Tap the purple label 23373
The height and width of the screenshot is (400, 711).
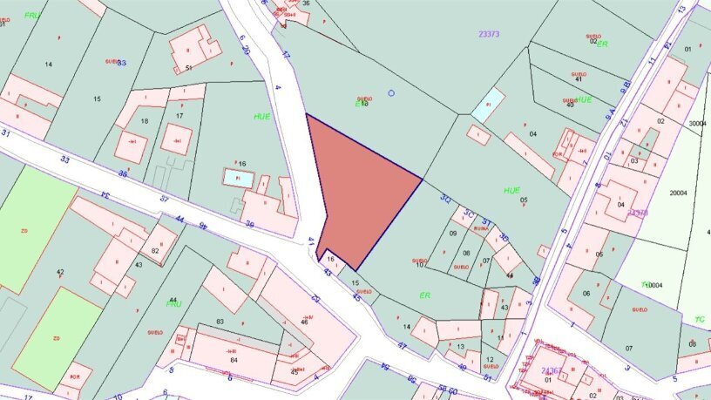pyautogui.click(x=489, y=34)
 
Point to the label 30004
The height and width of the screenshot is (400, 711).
pyautogui.click(x=698, y=124)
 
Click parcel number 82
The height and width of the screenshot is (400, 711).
pyautogui.click(x=155, y=251)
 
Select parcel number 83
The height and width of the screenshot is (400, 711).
pyautogui.click(x=220, y=322)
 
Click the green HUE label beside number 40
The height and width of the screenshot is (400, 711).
pyautogui.click(x=583, y=99)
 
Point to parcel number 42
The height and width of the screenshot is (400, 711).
pyautogui.click(x=60, y=273)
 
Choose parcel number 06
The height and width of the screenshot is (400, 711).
pyautogui.click(x=586, y=293)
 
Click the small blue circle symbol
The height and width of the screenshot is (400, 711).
pyautogui.click(x=391, y=92)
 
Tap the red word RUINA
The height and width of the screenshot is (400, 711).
pyautogui.click(x=480, y=228)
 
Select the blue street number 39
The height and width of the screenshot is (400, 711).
pyautogui.click(x=249, y=225)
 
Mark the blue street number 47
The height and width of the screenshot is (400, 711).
pyautogui.click(x=402, y=346)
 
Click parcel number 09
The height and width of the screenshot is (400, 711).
pyautogui.click(x=453, y=234)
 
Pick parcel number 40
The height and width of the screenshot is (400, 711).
pyautogui.click(x=570, y=105)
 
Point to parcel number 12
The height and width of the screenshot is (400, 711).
pyautogui.click(x=491, y=360)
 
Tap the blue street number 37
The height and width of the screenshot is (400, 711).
pyautogui.click(x=164, y=199)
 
